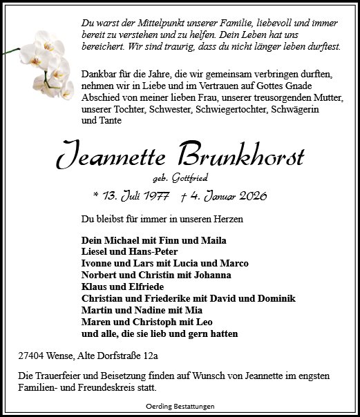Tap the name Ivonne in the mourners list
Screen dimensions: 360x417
(98, 264)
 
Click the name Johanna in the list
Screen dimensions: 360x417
(210, 275)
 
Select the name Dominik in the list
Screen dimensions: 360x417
(274, 299)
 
